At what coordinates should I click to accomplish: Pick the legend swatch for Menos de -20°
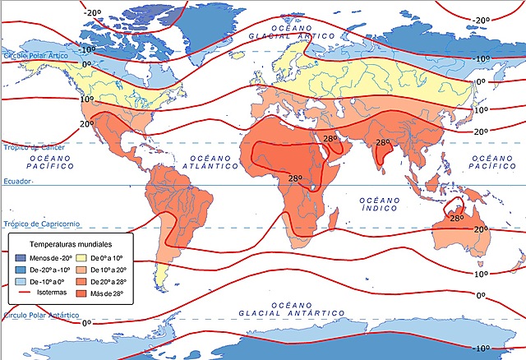pos(21,259)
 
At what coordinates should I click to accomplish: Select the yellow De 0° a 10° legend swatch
pos(85,259)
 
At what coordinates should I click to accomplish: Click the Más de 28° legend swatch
pos(85,293)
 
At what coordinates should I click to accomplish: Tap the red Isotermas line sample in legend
pos(21,293)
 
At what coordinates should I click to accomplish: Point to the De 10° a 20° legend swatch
pos(85,270)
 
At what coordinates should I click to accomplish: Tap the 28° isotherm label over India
pos(382,142)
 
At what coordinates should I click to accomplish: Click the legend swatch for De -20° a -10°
pos(21,270)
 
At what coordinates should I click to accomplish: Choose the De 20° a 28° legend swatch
pos(85,282)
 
